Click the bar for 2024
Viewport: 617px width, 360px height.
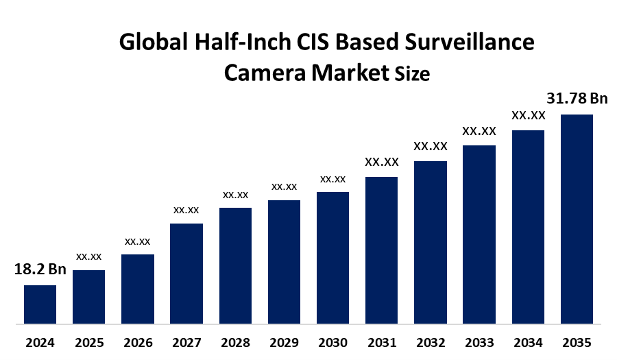click(40, 304)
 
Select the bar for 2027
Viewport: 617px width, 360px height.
click(186, 273)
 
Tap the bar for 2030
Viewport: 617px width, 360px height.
click(332, 257)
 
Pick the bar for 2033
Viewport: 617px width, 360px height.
click(479, 234)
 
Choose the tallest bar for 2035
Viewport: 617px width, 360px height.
click(577, 218)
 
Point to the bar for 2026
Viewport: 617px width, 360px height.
click(138, 288)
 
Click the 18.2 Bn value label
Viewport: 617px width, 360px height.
click(40, 269)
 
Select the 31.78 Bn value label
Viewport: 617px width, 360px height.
click(577, 99)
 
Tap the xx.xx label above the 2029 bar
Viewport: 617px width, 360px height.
click(284, 187)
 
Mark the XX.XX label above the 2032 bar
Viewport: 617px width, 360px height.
click(430, 146)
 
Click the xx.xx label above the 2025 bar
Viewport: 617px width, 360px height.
click(88, 256)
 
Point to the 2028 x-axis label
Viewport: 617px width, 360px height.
click(235, 342)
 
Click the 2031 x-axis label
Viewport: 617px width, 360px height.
click(381, 342)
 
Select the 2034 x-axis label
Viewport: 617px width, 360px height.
click(528, 342)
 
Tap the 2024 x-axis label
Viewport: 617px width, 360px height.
click(40, 342)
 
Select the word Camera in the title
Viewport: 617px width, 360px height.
click(265, 72)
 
